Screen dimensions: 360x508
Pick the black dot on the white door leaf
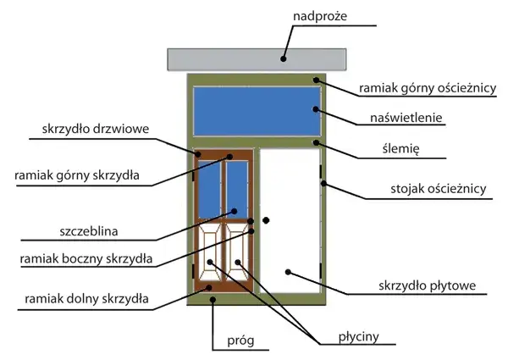tap(288, 272)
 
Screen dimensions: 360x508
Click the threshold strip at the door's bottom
tap(254, 300)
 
